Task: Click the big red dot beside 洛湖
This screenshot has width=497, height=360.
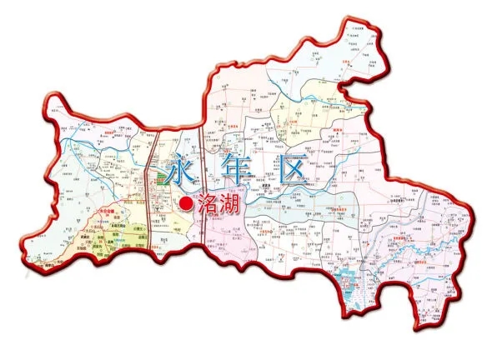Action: [x=187, y=202]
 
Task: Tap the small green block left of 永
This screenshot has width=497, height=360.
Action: [x=155, y=177]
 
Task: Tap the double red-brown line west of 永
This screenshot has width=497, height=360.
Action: [x=145, y=183]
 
